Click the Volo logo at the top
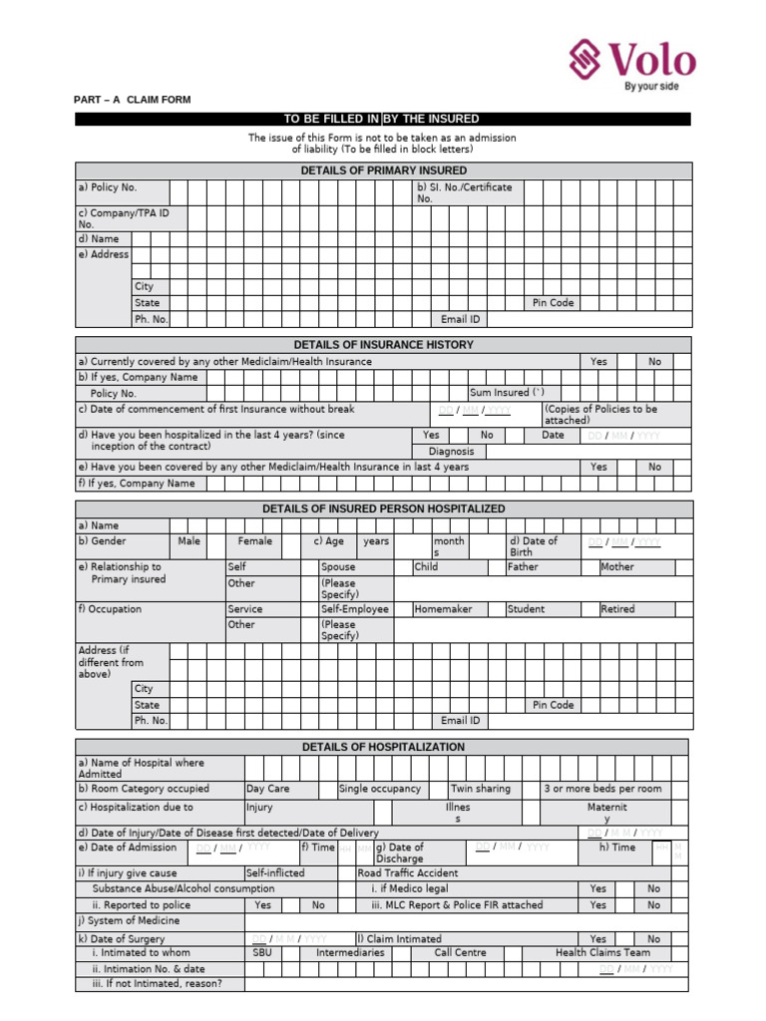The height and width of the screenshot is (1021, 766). coord(631,62)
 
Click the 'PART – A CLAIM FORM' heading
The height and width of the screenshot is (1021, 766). coord(133,100)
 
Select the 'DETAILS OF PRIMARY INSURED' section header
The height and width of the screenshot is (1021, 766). coord(383,170)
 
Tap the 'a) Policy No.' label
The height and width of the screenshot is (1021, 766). coord(108,187)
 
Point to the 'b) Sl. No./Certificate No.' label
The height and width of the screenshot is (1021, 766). coord(465,192)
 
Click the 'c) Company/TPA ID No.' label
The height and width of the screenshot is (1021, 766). coord(124,218)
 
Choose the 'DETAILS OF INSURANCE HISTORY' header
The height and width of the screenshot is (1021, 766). coord(383,344)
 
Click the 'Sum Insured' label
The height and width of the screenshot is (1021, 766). coord(507,393)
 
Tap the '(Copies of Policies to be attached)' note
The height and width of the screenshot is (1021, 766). coord(600,415)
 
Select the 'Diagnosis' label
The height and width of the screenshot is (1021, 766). coord(451,452)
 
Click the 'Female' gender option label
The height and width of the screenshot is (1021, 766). coord(255,541)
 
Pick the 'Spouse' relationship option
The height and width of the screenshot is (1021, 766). coord(338,566)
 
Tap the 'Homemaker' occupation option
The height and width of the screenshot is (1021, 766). coord(443,609)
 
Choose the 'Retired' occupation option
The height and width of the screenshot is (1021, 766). coord(617,609)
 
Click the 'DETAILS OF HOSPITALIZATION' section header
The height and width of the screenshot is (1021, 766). coord(383,747)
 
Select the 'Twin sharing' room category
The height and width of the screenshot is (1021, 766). coord(480,789)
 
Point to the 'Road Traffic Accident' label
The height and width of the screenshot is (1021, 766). coord(409,872)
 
